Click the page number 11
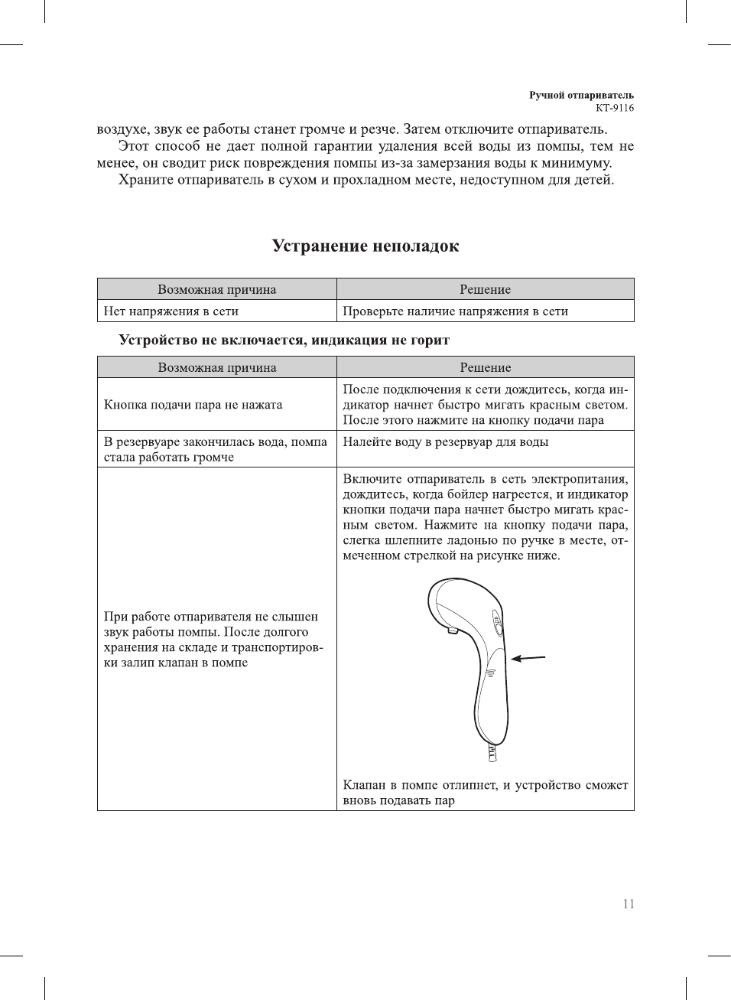point(628,904)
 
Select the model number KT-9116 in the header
point(615,108)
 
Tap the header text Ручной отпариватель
point(581,95)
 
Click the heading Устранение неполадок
point(365,246)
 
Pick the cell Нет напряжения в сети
point(171,311)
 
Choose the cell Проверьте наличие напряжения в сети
point(455,311)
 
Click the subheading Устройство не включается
point(284,340)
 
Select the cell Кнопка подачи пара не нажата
point(193,405)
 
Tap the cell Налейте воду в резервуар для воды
point(445,442)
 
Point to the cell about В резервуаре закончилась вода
point(216,449)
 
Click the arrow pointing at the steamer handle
point(528,658)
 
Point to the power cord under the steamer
point(490,753)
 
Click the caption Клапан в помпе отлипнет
point(485,793)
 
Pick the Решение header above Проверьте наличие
point(485,289)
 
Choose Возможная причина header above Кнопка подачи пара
point(217,367)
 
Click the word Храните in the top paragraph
point(144,181)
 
